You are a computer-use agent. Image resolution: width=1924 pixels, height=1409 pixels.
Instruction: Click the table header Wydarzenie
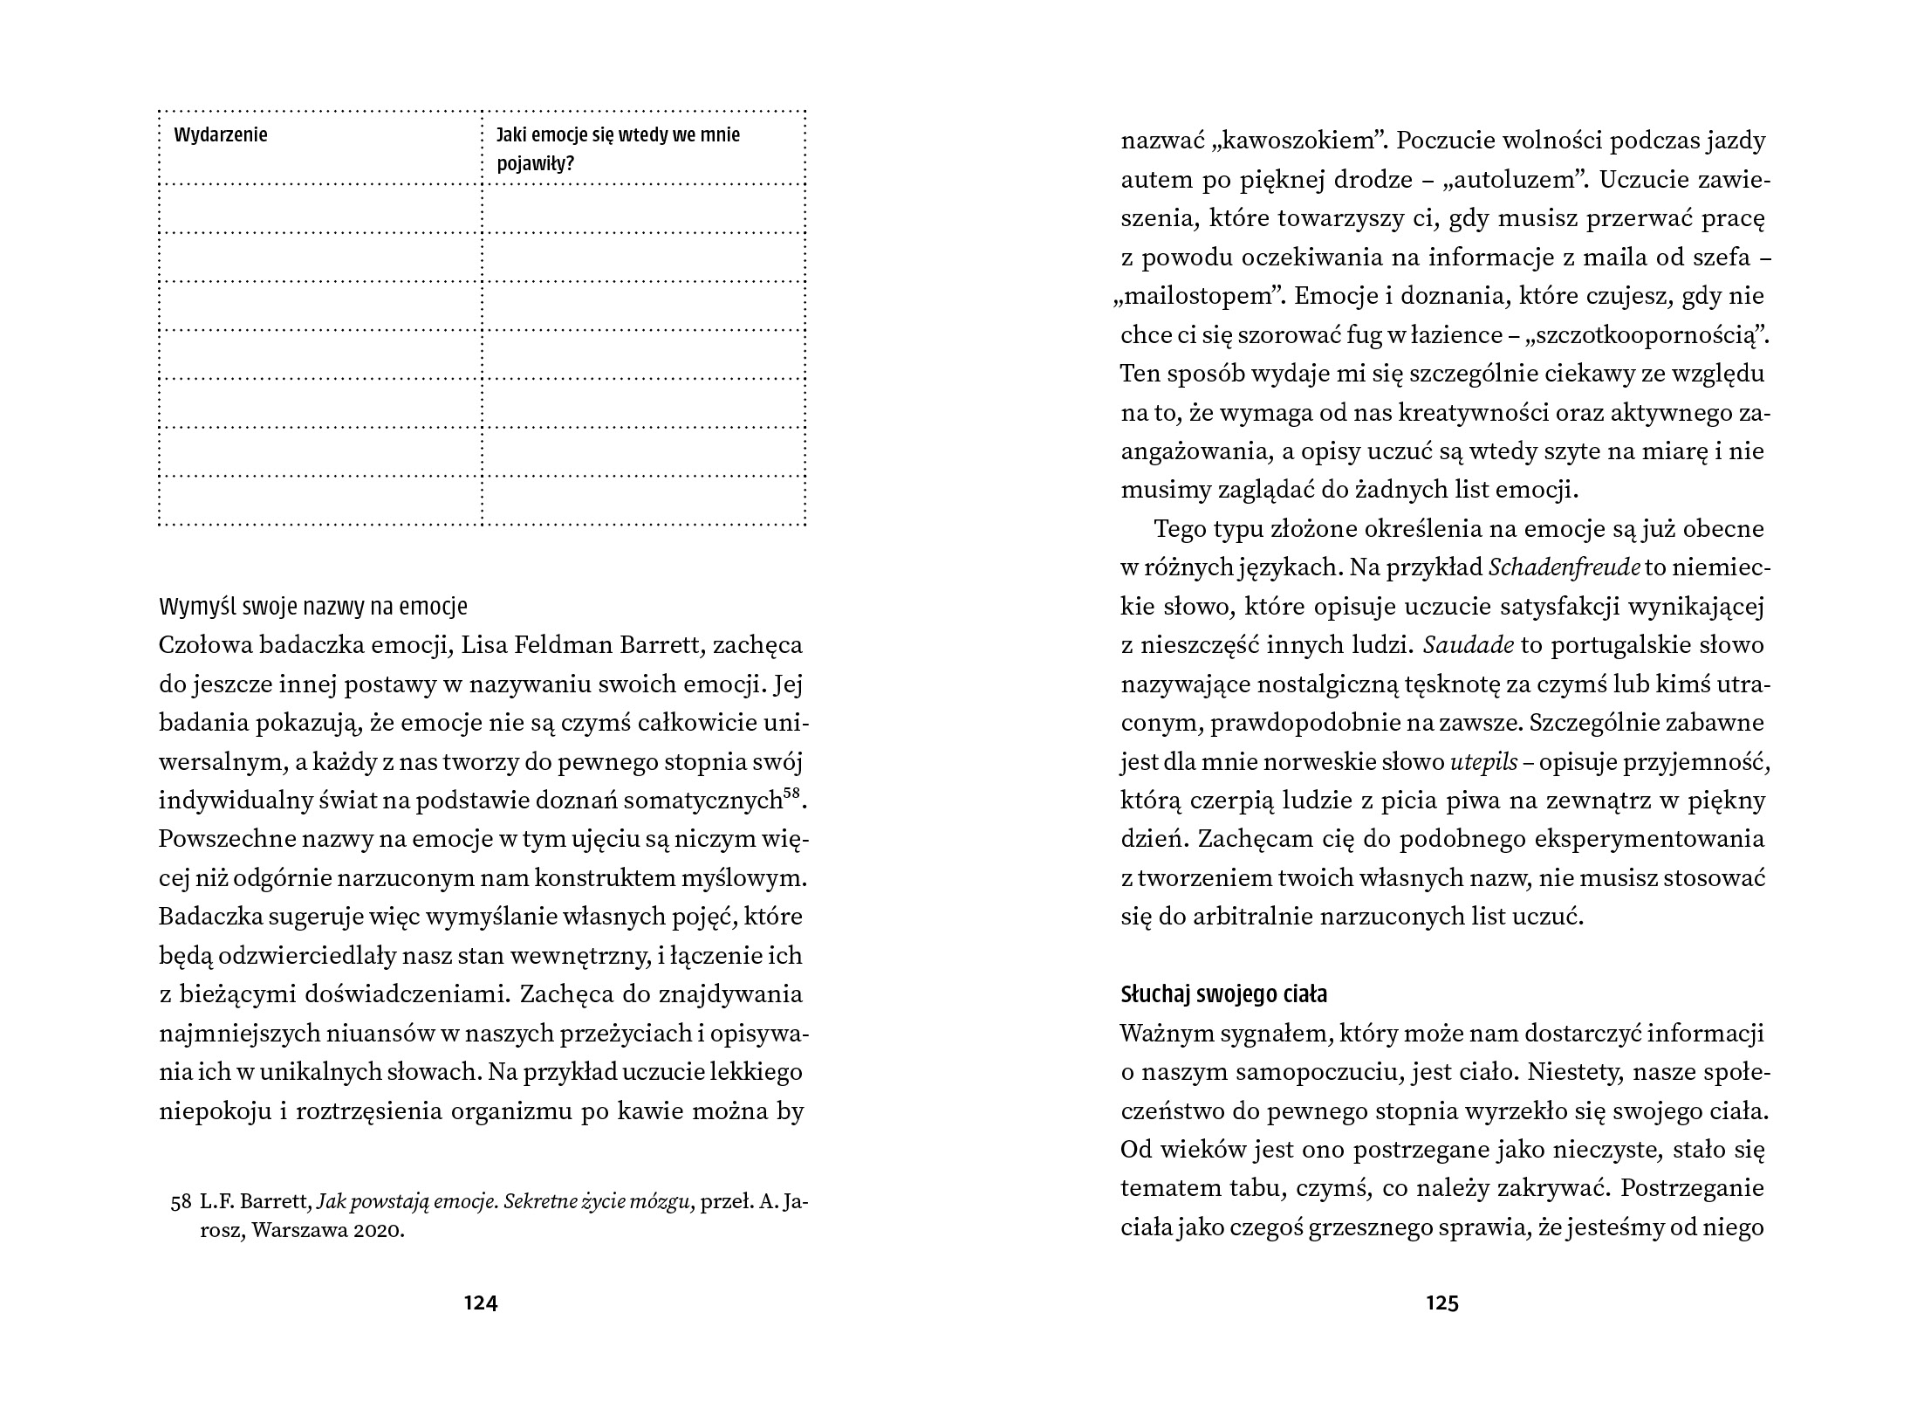[x=221, y=135]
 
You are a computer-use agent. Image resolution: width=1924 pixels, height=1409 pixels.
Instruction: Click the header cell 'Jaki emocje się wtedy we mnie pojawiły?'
[x=618, y=148]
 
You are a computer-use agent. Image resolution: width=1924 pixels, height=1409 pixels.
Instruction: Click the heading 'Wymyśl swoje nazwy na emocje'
[x=313, y=607]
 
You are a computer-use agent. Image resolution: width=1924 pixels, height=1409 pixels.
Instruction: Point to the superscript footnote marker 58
[x=791, y=794]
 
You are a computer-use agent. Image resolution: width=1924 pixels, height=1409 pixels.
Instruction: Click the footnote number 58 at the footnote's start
[x=181, y=1202]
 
